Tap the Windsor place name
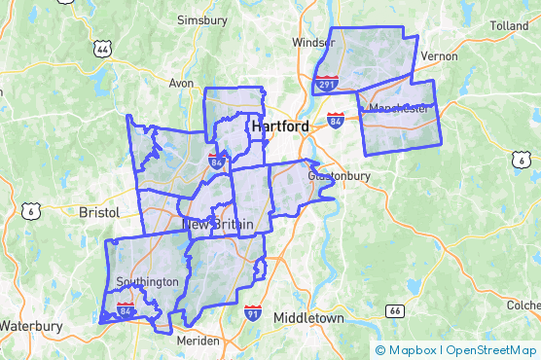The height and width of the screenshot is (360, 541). coord(313,43)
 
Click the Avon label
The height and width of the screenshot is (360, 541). coord(182,83)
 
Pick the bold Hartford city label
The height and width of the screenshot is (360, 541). coord(280,127)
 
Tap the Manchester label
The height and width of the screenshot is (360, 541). coord(399,108)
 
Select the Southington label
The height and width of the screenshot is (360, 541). coord(147,282)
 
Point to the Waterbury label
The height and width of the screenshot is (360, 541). coord(31,326)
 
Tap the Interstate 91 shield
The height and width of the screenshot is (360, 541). coord(253,313)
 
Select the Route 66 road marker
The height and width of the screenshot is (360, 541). coord(394,311)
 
